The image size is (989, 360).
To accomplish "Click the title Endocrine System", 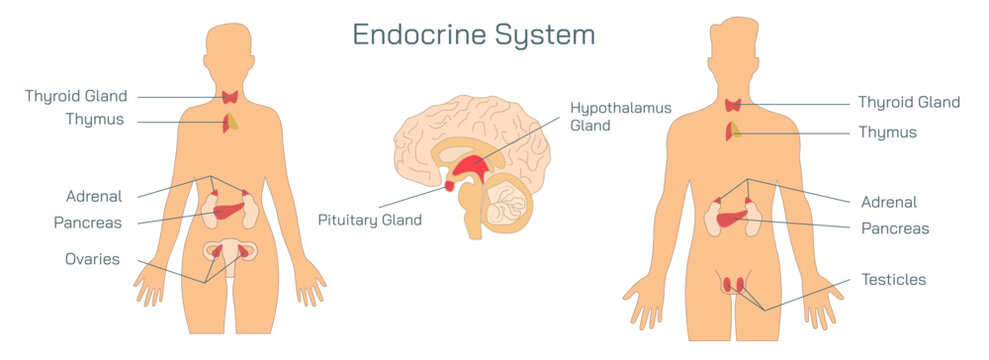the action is pyautogui.click(x=473, y=35).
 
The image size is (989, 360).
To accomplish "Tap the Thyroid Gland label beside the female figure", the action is pyautogui.click(x=77, y=97).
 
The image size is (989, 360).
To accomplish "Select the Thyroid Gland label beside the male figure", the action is pyautogui.click(x=908, y=102).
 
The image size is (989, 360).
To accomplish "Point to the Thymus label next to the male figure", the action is pyautogui.click(x=887, y=132).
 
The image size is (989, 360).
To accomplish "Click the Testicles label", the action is pyautogui.click(x=893, y=279).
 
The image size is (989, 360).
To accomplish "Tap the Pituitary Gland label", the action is pyautogui.click(x=370, y=219).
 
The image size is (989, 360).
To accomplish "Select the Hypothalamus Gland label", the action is pyautogui.click(x=620, y=116).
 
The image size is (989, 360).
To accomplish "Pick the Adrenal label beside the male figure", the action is pyautogui.click(x=888, y=202).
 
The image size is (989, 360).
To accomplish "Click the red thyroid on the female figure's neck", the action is pyautogui.click(x=231, y=97).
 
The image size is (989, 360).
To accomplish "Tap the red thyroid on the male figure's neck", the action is pyautogui.click(x=732, y=104).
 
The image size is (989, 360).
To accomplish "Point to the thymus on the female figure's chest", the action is pyautogui.click(x=230, y=122).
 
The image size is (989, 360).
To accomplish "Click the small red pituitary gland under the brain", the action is pyautogui.click(x=449, y=184).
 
